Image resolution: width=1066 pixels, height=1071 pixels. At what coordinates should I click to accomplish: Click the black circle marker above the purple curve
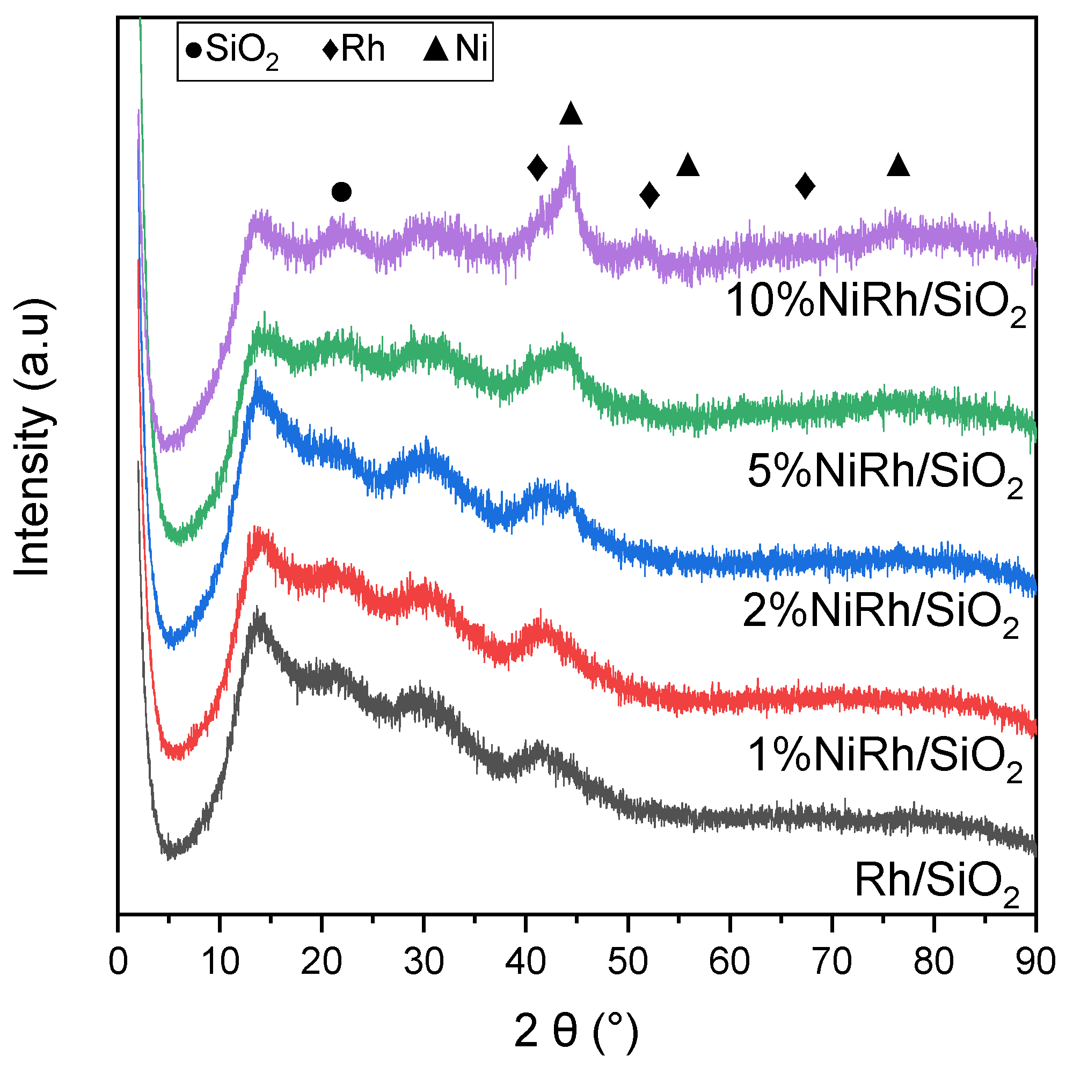(x=341, y=192)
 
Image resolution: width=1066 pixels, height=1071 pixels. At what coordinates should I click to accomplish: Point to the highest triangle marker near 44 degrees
(x=571, y=114)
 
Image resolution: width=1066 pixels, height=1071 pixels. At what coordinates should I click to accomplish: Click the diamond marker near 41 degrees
(x=537, y=167)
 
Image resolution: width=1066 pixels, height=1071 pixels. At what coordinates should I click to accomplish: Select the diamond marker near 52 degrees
(x=649, y=194)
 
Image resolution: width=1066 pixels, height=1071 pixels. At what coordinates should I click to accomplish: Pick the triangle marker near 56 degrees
(x=688, y=165)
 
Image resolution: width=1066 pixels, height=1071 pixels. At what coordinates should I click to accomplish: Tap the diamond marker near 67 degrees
(x=805, y=185)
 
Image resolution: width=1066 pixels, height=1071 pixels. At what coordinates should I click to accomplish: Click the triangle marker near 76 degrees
(x=898, y=165)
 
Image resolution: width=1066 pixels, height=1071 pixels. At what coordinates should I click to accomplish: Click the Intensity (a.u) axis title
(x=33, y=438)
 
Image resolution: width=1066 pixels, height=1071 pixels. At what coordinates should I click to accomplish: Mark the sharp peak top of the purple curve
(x=568, y=149)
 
